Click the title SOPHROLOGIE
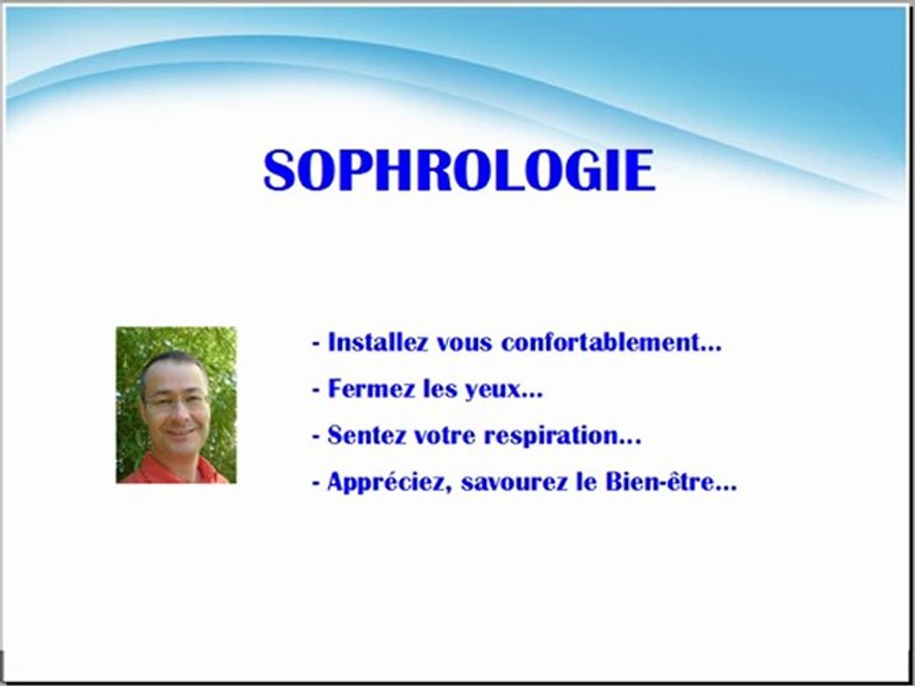[458, 171]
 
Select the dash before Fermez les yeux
[315, 391]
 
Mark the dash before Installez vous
[315, 344]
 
